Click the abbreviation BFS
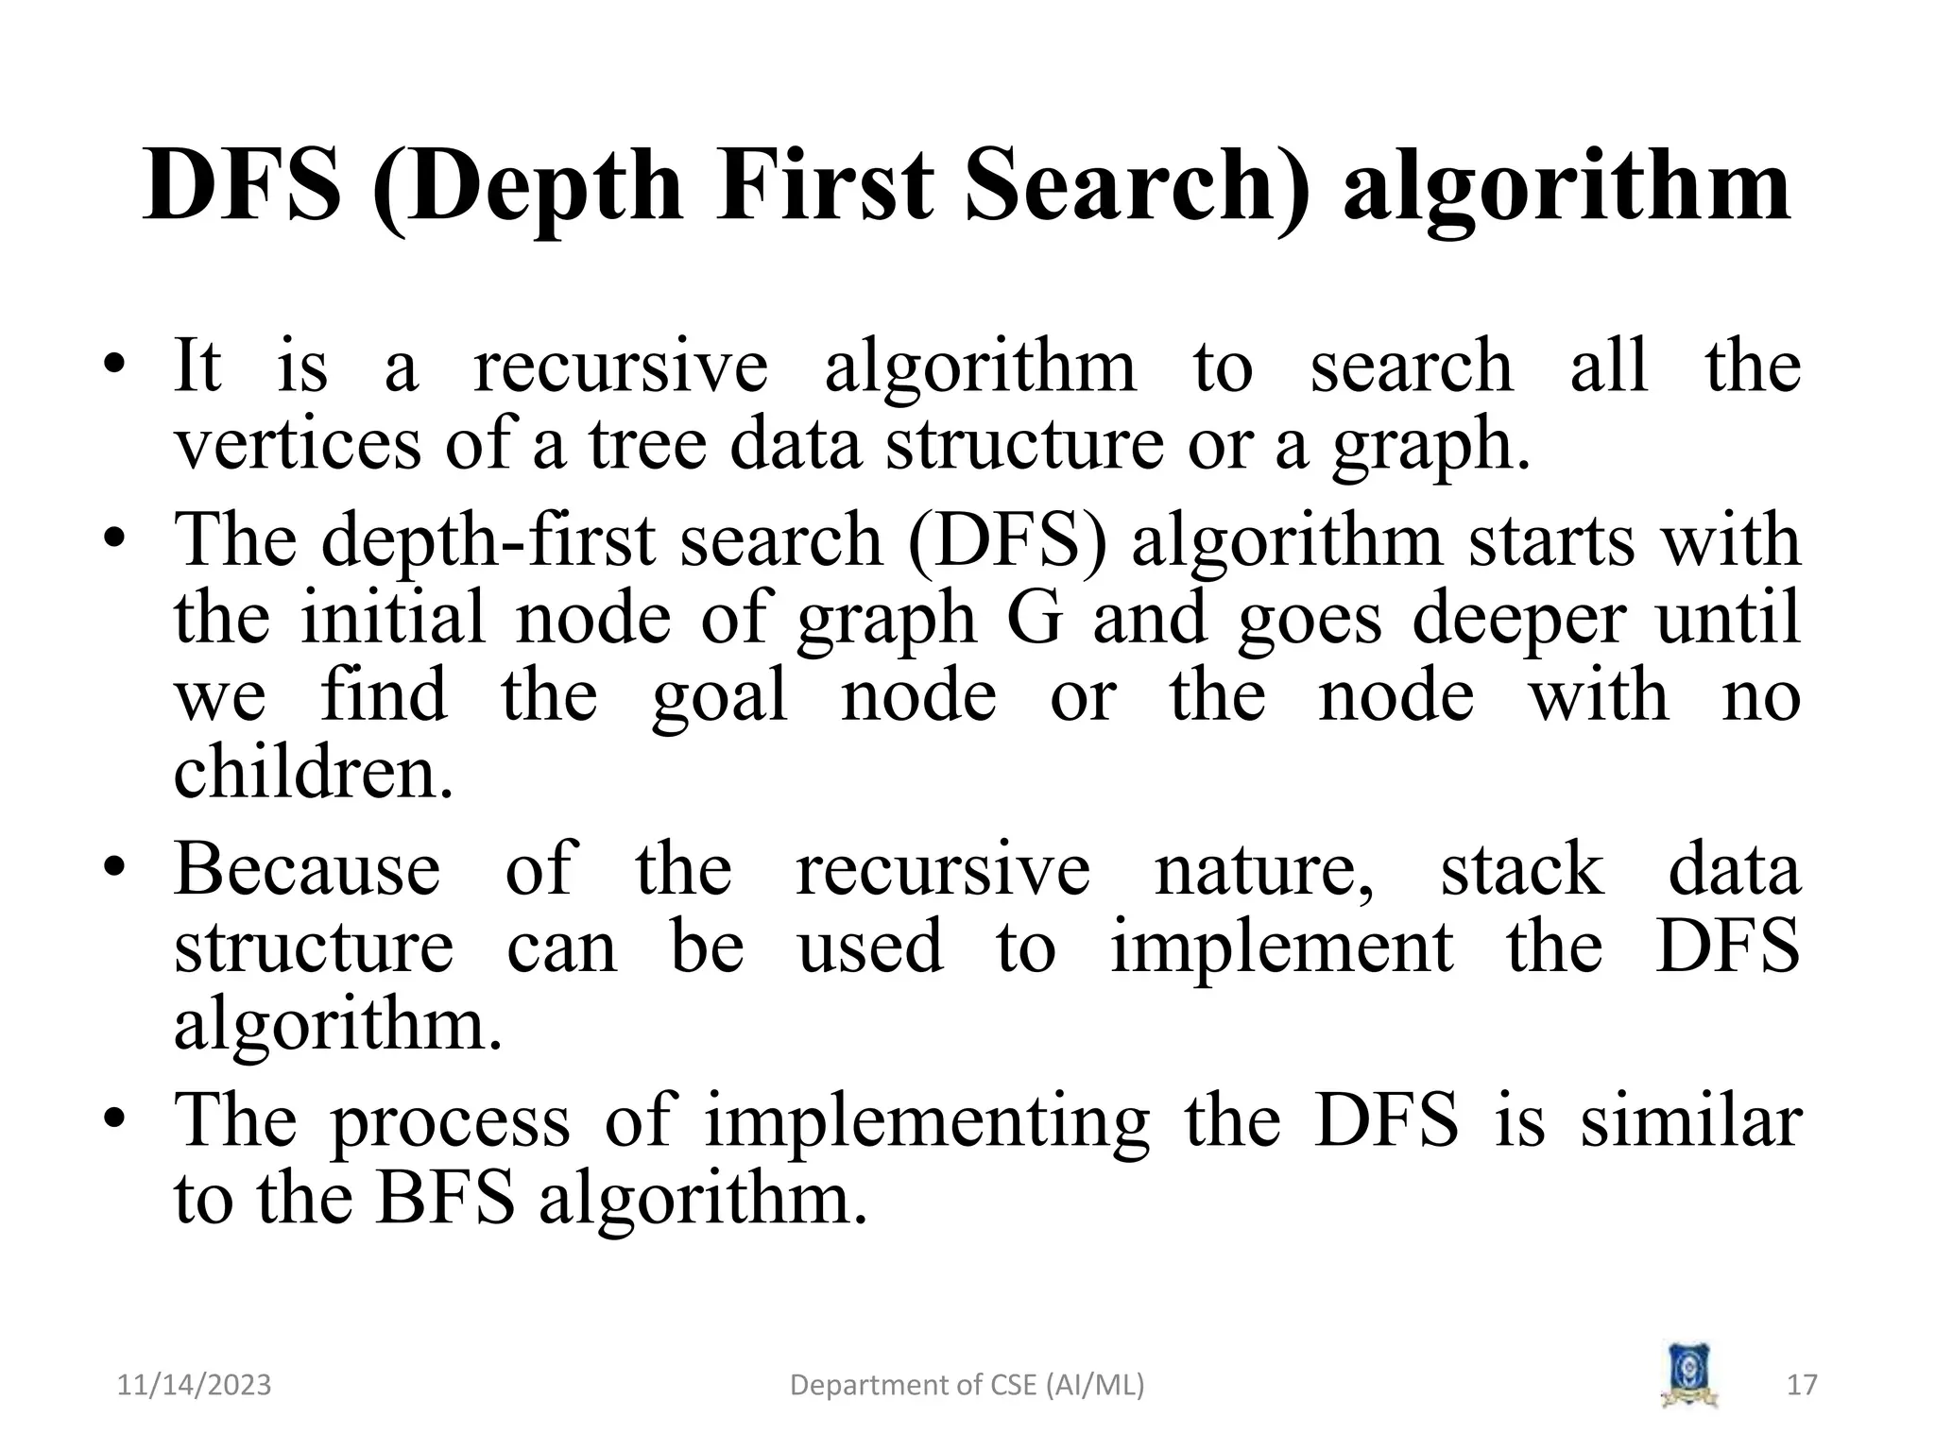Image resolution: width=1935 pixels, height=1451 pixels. [446, 1198]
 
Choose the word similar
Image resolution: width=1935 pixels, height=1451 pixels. [1691, 1120]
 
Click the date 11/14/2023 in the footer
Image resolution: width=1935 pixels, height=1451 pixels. [194, 1385]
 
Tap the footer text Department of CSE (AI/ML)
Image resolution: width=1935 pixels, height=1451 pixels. [967, 1385]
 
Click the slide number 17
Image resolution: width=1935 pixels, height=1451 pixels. [1803, 1385]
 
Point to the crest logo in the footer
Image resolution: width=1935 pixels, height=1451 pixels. [1688, 1374]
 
